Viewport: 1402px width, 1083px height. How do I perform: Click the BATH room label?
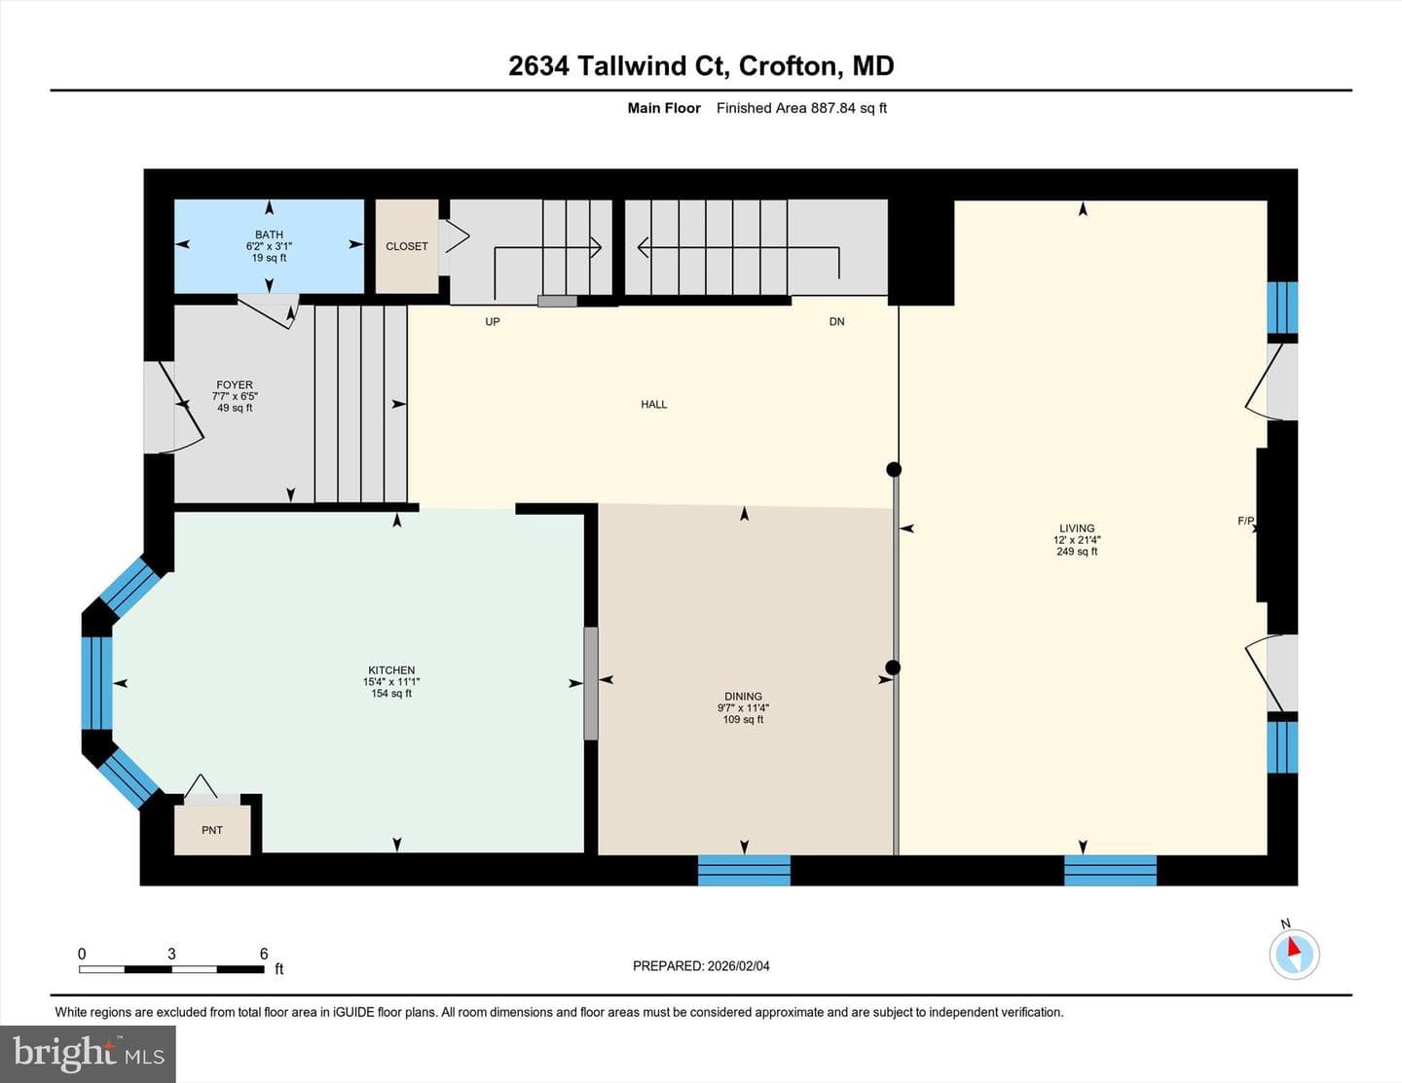point(269,235)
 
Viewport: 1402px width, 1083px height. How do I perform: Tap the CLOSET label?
point(406,246)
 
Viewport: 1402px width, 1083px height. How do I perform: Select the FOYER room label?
point(235,385)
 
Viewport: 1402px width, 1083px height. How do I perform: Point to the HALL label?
point(653,404)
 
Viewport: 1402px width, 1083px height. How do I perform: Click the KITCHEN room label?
point(391,670)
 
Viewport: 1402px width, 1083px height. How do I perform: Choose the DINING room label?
point(743,697)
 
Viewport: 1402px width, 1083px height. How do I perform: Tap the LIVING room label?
point(1077,528)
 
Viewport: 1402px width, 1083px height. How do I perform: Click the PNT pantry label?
point(212,830)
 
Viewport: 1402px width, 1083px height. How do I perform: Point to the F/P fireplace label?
point(1246,521)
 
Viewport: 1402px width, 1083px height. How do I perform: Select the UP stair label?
point(493,322)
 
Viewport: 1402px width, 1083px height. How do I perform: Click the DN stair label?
point(836,322)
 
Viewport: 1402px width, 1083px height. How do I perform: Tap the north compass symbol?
point(1294,954)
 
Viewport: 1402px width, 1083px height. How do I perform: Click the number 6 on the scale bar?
point(264,954)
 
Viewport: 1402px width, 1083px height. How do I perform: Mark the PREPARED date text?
point(701,966)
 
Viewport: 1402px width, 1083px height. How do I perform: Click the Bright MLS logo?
point(88,1055)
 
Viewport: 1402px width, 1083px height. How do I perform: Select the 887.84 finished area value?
point(833,108)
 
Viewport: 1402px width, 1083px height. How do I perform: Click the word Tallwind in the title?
point(635,66)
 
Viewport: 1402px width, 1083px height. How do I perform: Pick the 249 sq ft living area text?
point(1077,552)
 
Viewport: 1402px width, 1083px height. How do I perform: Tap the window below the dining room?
point(745,870)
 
